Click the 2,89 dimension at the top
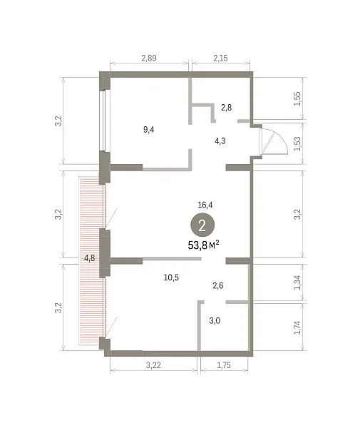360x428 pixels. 149,58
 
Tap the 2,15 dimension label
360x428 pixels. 220,58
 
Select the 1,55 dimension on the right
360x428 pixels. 297,98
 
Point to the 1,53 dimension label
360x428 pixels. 297,143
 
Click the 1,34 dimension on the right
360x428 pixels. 297,282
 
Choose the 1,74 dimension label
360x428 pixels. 297,327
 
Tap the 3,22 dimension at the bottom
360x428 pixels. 153,365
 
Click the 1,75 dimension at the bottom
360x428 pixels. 224,365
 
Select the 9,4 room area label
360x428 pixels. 149,129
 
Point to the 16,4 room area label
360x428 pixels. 205,205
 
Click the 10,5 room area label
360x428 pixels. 171,277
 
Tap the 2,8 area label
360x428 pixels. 227,108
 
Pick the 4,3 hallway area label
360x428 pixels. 220,141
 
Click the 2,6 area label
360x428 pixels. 218,285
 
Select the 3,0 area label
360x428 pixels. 215,320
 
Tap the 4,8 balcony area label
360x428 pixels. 89,258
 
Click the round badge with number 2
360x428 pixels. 202,225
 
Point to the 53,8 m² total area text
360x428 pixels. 203,245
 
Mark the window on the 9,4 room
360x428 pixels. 103,121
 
